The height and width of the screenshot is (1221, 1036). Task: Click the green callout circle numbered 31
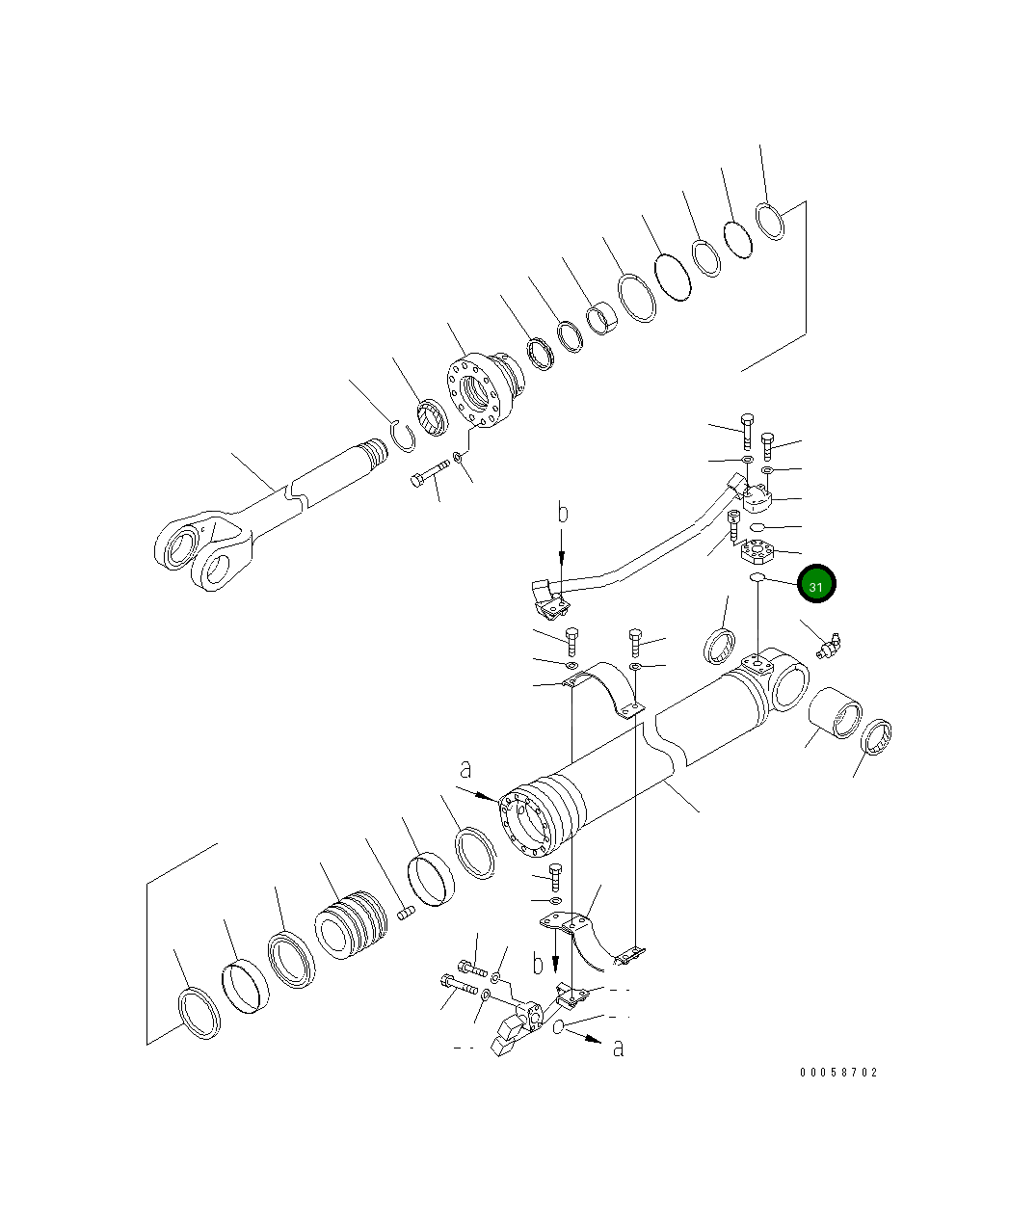pos(816,584)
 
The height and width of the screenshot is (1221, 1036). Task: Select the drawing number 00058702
pos(837,1072)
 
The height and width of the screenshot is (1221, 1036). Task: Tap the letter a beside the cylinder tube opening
pos(466,769)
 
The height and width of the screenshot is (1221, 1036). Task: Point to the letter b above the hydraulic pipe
pos(563,513)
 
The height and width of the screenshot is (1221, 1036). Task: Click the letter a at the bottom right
pos(618,1047)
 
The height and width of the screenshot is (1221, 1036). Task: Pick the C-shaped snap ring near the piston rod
pos(402,436)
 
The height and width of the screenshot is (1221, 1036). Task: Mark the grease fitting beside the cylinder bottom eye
pos(828,644)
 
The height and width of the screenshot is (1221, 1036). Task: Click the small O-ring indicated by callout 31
pos(757,577)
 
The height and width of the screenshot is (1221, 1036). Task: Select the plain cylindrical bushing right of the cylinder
pos(835,714)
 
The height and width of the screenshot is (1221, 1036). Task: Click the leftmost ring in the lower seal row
pos(199,1012)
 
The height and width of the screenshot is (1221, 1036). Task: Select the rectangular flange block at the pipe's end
pos(758,497)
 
